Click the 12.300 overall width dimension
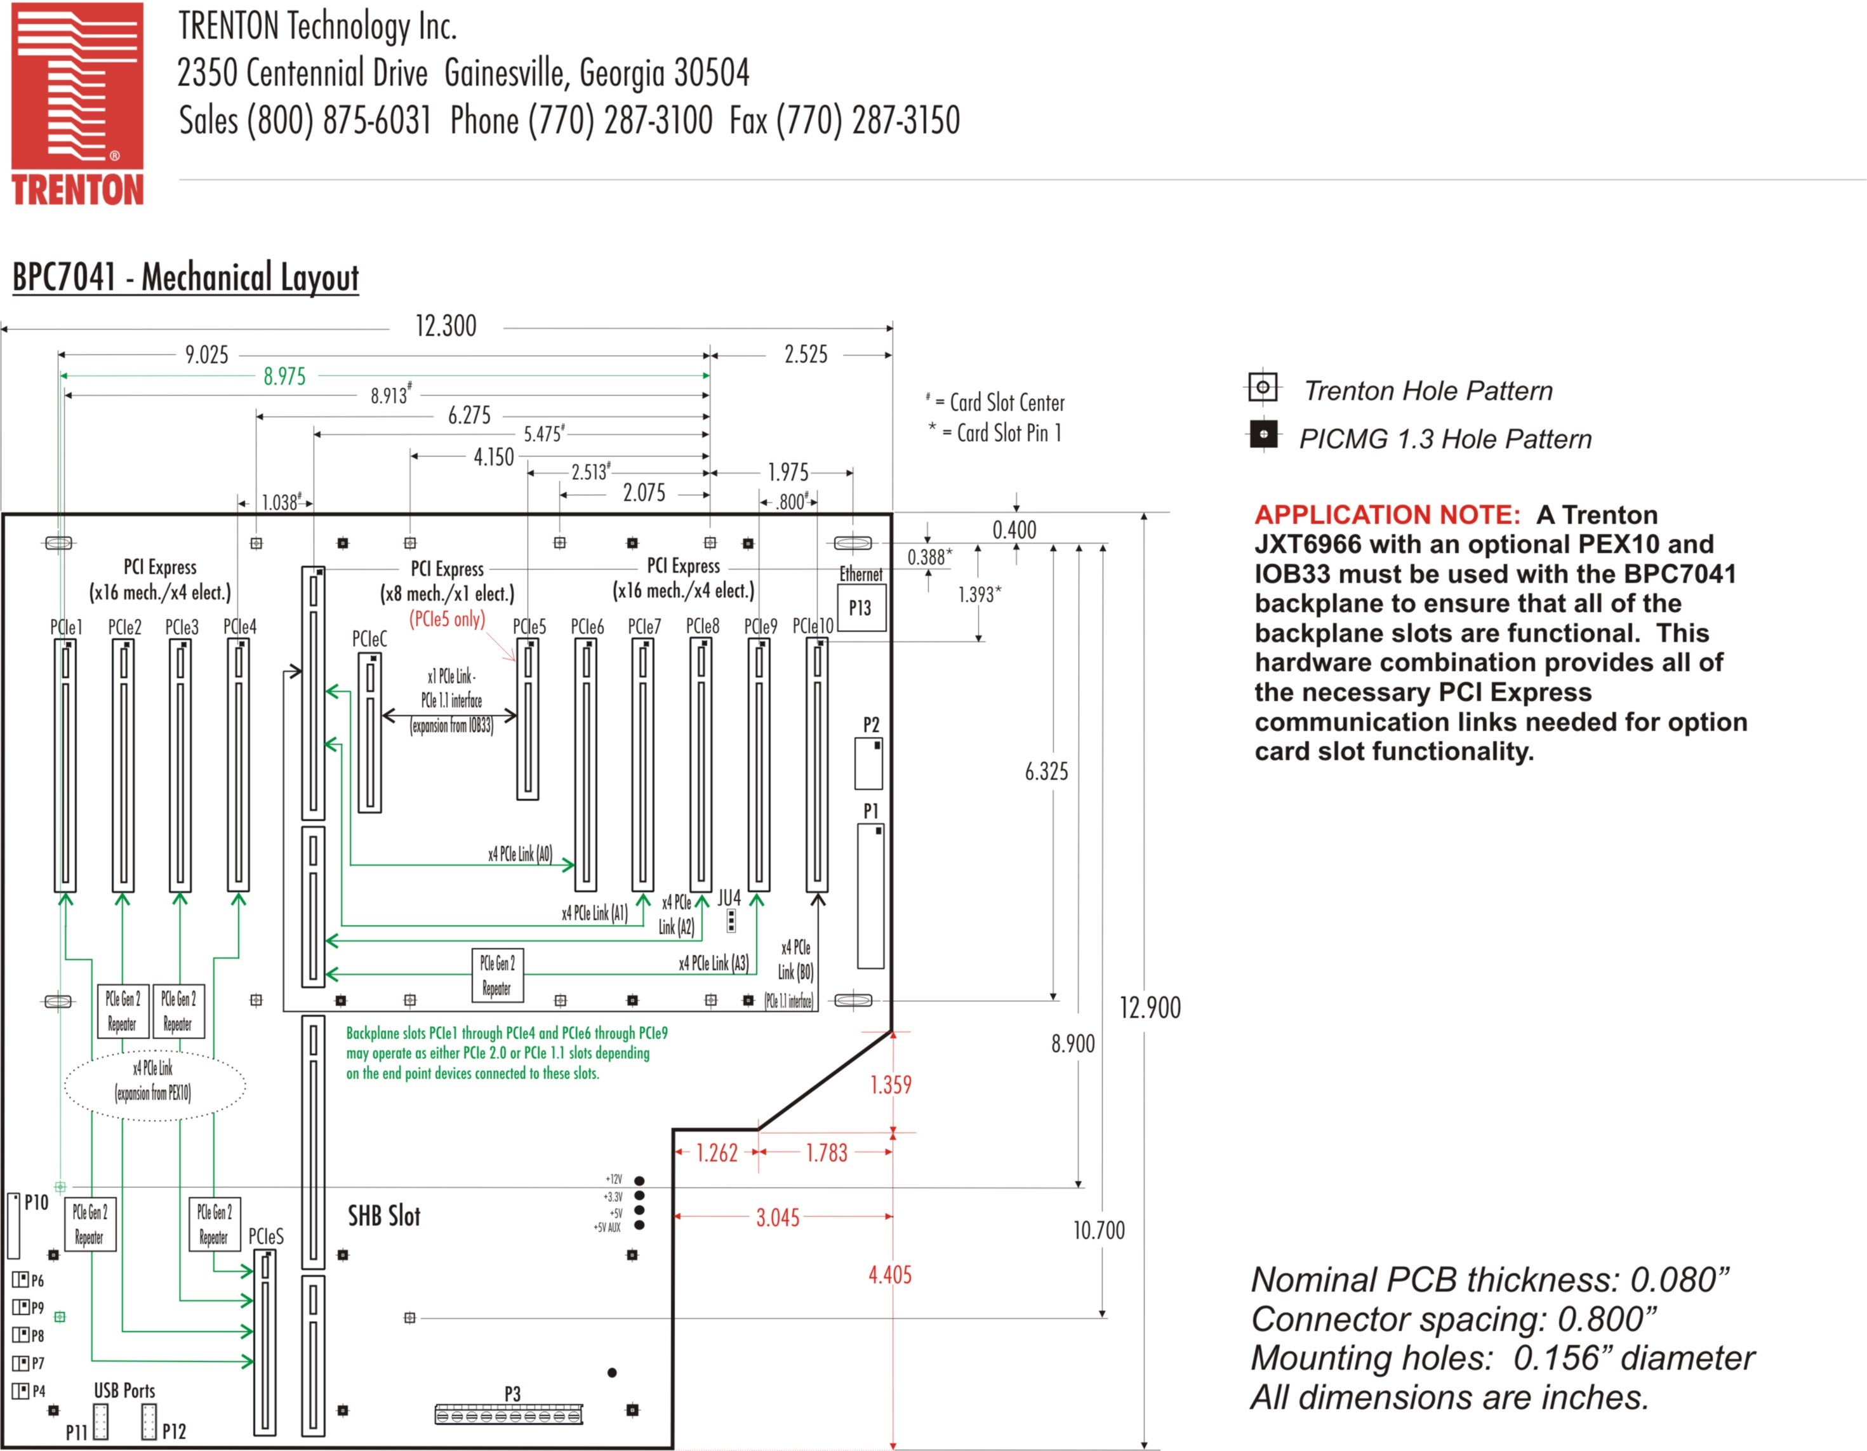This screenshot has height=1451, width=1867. click(446, 326)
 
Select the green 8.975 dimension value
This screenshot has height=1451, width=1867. click(284, 376)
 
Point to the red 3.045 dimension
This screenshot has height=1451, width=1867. click(777, 1217)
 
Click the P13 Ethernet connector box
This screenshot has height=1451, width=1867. click(861, 608)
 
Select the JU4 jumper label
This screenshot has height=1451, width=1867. click(728, 898)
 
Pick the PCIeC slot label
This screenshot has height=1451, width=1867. click(369, 639)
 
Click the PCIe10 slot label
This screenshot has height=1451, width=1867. click(812, 626)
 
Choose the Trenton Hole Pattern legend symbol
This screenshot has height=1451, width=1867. click(1263, 387)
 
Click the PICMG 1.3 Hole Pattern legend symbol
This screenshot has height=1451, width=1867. click(1263, 434)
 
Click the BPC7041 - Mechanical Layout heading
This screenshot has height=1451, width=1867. click(185, 278)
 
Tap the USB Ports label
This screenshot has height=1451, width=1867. click(125, 1390)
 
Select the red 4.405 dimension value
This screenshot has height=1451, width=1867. click(890, 1275)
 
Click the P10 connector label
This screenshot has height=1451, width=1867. click(36, 1202)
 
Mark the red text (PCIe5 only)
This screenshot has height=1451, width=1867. click(446, 619)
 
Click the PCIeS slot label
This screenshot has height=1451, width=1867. click(266, 1236)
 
